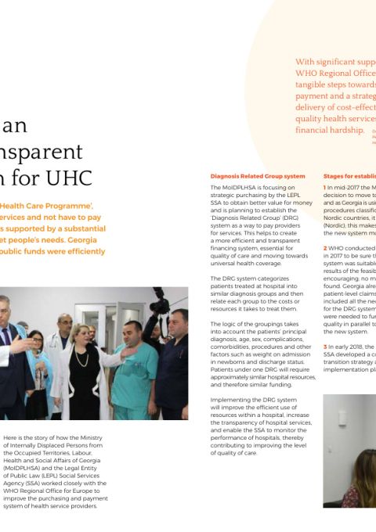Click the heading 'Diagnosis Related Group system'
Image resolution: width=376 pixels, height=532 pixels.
258,176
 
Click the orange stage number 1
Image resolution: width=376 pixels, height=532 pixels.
325,188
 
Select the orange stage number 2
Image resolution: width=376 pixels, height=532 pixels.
325,248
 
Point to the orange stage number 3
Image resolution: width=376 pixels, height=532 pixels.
325,346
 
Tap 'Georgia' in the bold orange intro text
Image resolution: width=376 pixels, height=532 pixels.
87,240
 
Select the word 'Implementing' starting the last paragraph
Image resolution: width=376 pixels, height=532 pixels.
230,400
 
